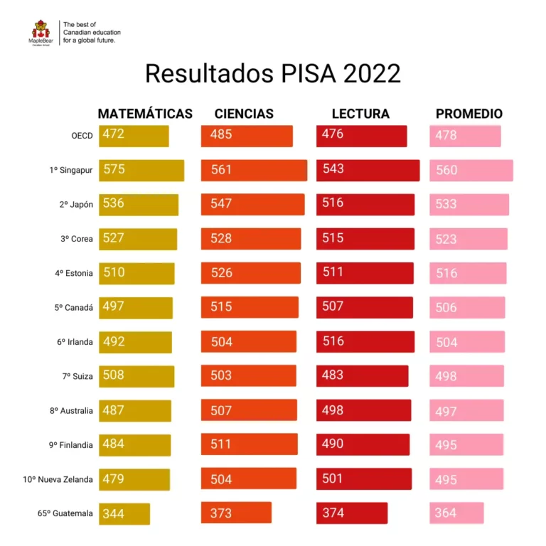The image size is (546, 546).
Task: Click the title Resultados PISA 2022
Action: pyautogui.click(x=273, y=73)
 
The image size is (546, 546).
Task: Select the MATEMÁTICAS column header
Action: pyautogui.click(x=145, y=114)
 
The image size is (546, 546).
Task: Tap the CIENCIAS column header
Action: pyautogui.click(x=244, y=114)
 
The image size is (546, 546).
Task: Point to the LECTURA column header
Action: pyautogui.click(x=360, y=114)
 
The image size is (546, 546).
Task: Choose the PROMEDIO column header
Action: pyautogui.click(x=469, y=114)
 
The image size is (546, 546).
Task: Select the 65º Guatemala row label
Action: pyautogui.click(x=65, y=513)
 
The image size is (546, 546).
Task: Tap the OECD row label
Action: pyautogui.click(x=82, y=136)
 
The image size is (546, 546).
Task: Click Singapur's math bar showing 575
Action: pyautogui.click(x=141, y=171)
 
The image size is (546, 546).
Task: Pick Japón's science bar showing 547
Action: pyautogui.click(x=252, y=205)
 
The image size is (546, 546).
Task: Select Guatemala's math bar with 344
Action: pyautogui.click(x=124, y=513)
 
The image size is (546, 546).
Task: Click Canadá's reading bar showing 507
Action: pyautogui.click(x=365, y=307)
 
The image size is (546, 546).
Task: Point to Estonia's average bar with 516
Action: pyautogui.click(x=468, y=273)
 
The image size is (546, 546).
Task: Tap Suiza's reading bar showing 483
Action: pyautogui.click(x=362, y=375)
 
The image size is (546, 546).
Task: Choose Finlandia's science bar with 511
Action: pyautogui.click(x=249, y=444)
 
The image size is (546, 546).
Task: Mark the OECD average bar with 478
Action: pyautogui.click(x=465, y=136)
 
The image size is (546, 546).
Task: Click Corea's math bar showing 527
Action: pyautogui.click(x=138, y=239)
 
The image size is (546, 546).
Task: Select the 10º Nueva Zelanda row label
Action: pyautogui.click(x=58, y=479)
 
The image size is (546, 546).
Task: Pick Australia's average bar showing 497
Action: pyautogui.click(x=466, y=410)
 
